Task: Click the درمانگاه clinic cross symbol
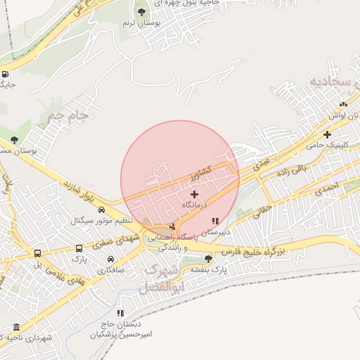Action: tap(194, 193)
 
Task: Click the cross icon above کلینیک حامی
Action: tap(327, 134)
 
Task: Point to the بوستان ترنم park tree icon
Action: tap(141, 12)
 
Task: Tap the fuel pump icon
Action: tap(6, 75)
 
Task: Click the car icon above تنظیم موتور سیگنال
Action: tap(102, 210)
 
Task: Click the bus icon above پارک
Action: tap(78, 249)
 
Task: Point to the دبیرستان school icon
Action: tap(214, 221)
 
